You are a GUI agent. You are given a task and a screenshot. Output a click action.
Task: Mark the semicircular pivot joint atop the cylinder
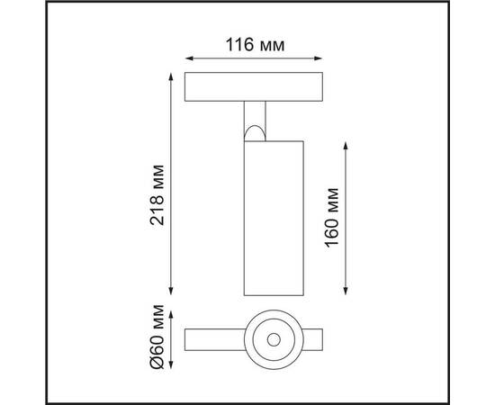pyautogui.click(x=255, y=134)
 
